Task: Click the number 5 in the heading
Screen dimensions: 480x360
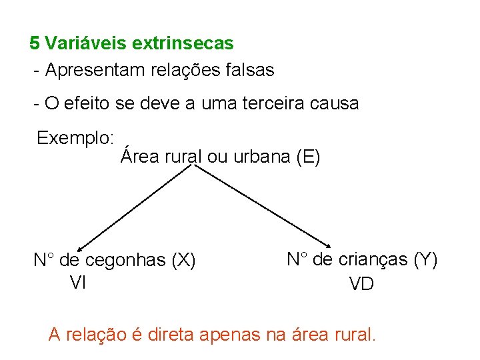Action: click(x=35, y=44)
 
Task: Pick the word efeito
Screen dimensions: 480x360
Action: click(x=86, y=104)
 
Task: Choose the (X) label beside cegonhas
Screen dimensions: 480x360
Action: click(x=183, y=261)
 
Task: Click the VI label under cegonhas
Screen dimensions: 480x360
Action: click(x=78, y=283)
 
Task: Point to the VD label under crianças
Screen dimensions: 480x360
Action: click(x=361, y=284)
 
